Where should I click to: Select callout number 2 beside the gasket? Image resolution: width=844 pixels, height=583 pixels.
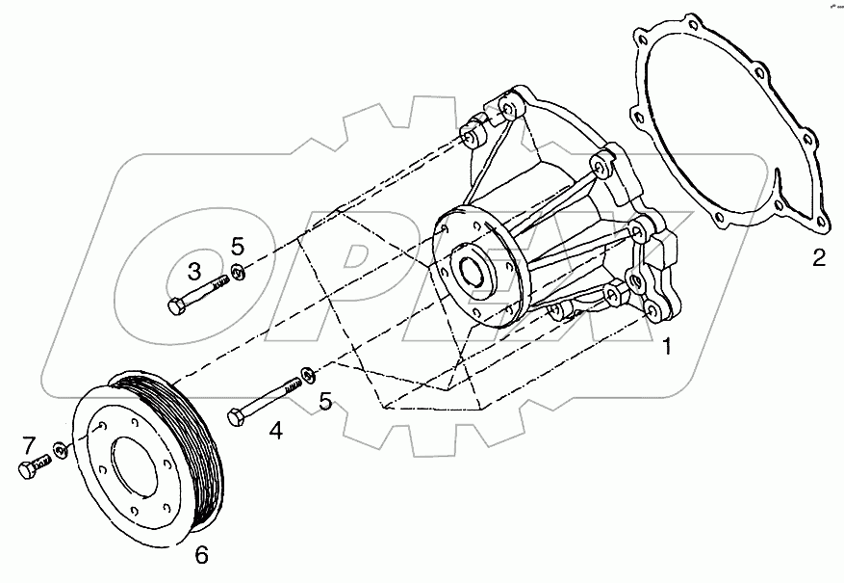[818, 257]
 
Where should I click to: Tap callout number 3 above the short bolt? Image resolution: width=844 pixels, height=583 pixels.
[193, 271]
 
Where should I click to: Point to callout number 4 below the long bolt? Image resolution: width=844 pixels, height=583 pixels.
[276, 431]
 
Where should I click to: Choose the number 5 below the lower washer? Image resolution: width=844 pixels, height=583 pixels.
[325, 400]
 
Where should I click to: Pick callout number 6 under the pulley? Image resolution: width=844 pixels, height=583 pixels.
[202, 555]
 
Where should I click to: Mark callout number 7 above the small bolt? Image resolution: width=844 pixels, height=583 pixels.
[30, 445]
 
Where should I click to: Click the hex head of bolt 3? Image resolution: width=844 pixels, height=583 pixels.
[175, 307]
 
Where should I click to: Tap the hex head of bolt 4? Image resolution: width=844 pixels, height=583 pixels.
[236, 416]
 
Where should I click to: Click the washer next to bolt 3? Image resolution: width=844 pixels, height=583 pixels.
[240, 273]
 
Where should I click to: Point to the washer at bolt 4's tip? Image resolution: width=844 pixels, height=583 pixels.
[306, 373]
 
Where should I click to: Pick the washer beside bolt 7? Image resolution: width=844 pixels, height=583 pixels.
[60, 449]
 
